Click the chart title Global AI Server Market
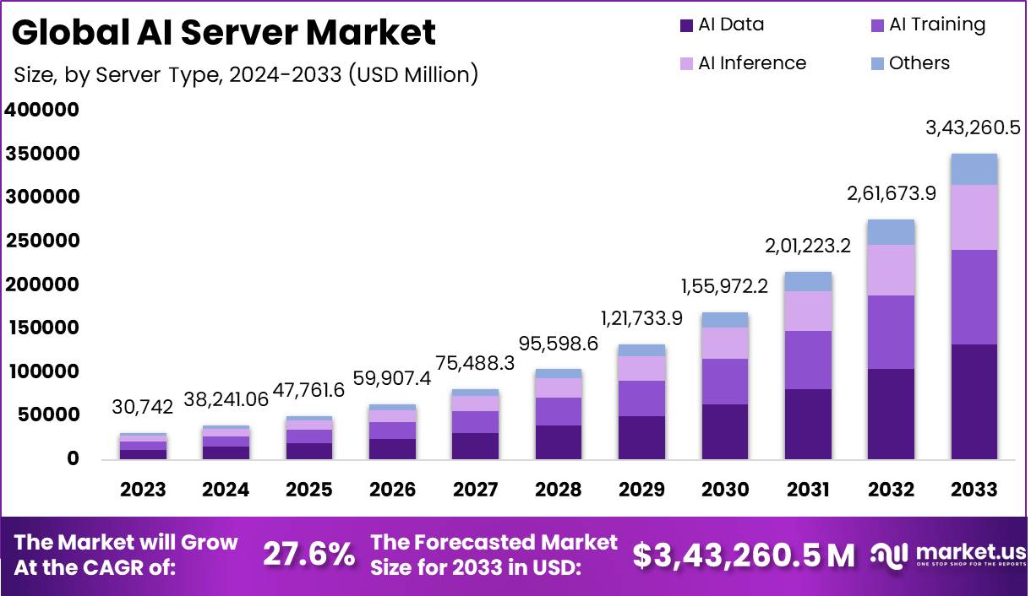pos(224,32)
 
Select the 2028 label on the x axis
pos(558,490)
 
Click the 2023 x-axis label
pos(143,490)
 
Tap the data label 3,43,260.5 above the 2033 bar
pos(974,128)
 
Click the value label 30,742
pos(143,407)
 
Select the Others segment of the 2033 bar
pos(974,169)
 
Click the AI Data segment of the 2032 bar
pos(891,414)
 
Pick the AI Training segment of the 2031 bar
pos(808,360)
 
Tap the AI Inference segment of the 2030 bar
pos(724,343)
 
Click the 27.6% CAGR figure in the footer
pos(308,555)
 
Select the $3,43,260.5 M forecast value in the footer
pos(744,555)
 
